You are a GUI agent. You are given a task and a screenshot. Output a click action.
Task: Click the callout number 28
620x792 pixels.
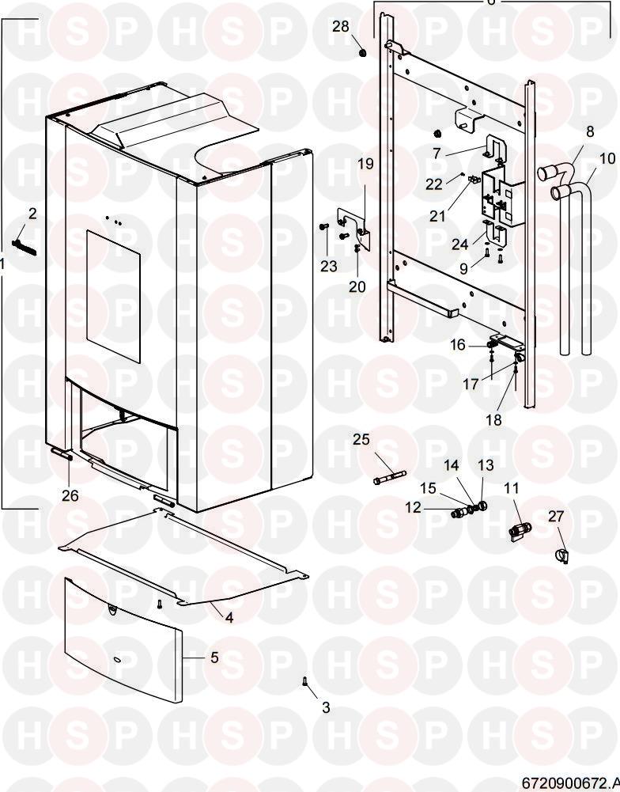340,26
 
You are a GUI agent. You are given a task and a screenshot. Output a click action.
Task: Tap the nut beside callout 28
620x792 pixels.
362,52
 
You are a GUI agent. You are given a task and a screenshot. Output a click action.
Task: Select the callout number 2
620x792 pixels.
32,214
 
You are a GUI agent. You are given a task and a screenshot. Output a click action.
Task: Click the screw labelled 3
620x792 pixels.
304,681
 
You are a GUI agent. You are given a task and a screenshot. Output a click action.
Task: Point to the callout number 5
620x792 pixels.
214,657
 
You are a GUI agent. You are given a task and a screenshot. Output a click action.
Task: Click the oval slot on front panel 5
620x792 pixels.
115,660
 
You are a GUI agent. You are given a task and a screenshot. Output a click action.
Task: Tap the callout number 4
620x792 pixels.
229,617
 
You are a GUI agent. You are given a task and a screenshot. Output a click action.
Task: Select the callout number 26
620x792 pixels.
70,496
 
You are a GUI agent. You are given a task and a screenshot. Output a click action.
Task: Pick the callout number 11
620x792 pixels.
511,488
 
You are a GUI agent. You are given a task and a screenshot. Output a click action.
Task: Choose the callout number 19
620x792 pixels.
365,164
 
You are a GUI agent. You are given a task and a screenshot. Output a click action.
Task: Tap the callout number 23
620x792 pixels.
329,266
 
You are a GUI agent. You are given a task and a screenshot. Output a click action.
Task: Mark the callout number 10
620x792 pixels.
607,158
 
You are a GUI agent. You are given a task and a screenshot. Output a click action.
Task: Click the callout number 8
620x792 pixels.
590,131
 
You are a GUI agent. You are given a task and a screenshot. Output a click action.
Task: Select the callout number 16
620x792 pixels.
457,345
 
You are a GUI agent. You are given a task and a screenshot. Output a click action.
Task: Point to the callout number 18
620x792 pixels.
493,419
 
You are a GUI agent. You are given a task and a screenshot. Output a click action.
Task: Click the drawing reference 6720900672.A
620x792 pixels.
570,783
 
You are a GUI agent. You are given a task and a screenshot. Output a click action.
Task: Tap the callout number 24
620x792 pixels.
459,244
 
